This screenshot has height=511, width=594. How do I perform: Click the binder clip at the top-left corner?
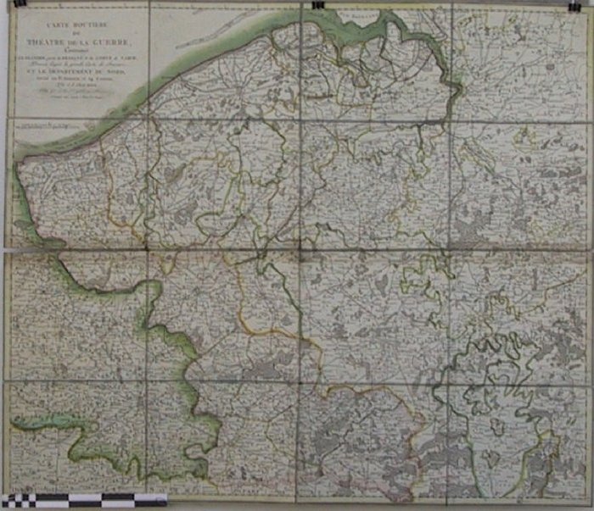click(x=20, y=5)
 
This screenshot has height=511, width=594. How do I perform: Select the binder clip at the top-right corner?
click(x=574, y=5)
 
